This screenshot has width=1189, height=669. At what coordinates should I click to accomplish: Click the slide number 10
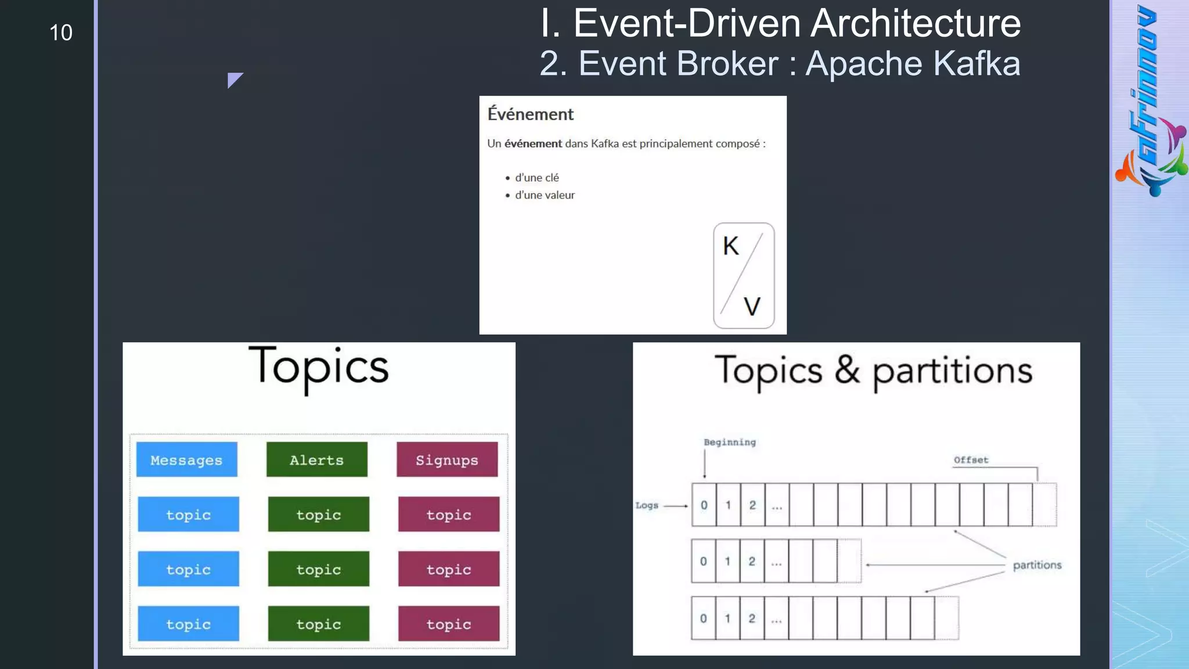(61, 33)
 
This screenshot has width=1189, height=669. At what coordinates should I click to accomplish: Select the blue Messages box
(187, 459)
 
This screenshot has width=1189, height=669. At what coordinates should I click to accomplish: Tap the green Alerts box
(317, 459)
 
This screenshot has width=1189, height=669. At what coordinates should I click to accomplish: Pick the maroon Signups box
(447, 459)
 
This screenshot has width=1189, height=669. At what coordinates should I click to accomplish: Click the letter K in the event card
(730, 246)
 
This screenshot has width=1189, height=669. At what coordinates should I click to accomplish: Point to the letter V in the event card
(752, 307)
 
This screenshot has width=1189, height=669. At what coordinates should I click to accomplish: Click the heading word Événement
(530, 114)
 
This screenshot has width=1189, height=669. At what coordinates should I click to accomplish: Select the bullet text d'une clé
(537, 178)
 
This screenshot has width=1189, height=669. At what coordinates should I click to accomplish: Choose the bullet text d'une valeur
(545, 195)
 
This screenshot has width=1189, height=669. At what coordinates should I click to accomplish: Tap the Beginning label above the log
(730, 443)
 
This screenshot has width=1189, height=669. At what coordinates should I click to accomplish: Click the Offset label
(971, 460)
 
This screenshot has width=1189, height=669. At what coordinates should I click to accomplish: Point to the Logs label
(647, 505)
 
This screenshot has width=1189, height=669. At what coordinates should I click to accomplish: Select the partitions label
(1037, 565)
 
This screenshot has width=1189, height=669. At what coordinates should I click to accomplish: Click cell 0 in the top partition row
(704, 505)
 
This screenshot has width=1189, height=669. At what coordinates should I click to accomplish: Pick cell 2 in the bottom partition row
(752, 618)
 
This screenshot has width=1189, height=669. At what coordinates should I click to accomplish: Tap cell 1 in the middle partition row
(727, 561)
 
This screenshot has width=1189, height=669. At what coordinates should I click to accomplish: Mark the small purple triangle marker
(233, 79)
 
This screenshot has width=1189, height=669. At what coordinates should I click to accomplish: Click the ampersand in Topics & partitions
(847, 370)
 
